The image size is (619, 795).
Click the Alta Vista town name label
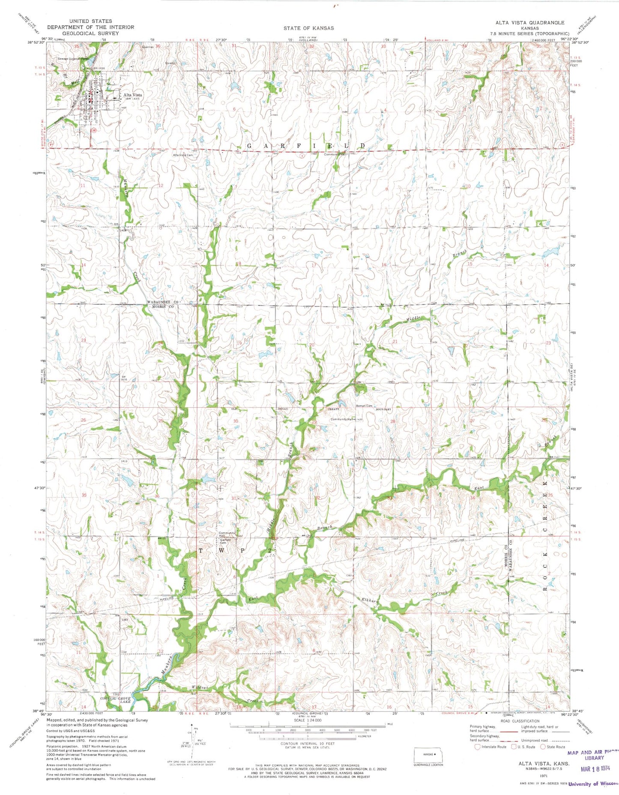click(x=133, y=95)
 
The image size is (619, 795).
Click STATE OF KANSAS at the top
click(x=308, y=28)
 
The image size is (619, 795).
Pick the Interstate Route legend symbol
click(x=478, y=747)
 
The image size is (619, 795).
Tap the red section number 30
click(x=236, y=421)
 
